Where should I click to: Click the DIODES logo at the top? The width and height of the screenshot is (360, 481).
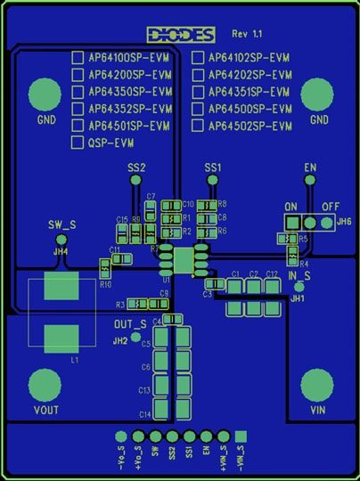point(182,35)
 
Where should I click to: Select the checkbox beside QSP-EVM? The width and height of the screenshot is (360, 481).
point(78,143)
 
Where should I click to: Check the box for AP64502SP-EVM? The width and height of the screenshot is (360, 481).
point(199,126)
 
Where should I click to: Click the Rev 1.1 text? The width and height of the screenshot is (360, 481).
point(248,33)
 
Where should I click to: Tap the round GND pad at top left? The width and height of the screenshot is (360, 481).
point(45,94)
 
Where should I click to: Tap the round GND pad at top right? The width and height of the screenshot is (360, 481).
point(318,94)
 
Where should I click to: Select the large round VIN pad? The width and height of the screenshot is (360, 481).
point(316,386)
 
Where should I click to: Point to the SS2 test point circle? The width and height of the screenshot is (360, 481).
point(136,180)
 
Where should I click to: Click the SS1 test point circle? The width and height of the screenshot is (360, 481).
point(212,180)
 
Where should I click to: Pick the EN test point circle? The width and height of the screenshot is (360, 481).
point(310,180)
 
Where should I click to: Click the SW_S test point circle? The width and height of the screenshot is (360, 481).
point(61,239)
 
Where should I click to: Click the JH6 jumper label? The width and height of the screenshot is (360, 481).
point(344,221)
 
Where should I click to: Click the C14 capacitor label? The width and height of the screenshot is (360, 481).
point(144,414)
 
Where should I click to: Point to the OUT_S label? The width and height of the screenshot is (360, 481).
point(130,323)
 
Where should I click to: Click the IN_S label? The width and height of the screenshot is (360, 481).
point(299,277)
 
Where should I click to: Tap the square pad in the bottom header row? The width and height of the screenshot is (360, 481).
point(240,436)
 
